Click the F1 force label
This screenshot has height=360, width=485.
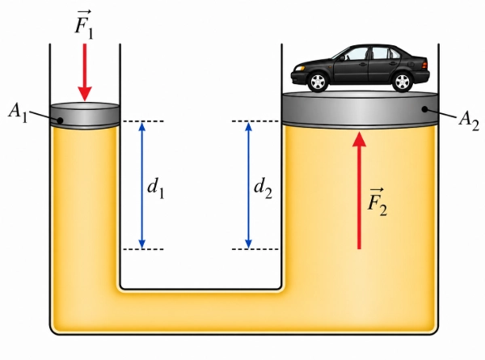click(84, 25)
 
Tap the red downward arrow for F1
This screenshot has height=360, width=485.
click(84, 72)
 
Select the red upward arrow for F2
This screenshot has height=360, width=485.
click(359, 190)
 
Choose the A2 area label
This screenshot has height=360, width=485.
click(469, 121)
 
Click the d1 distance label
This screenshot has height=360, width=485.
click(155, 188)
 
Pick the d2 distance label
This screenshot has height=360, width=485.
click(263, 188)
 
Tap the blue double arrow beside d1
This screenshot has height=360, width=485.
click(142, 185)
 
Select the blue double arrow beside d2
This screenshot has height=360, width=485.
click(248, 185)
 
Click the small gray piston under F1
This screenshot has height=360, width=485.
click(85, 115)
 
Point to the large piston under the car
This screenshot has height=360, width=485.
click(360, 109)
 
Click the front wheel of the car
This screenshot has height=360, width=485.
click(318, 82)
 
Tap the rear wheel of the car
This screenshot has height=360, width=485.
click(403, 82)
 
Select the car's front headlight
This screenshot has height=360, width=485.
click(299, 69)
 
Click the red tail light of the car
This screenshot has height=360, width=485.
click(424, 66)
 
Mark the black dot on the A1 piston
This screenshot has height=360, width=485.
click(61, 121)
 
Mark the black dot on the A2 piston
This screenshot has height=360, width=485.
click(425, 109)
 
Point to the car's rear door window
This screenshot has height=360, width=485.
click(380, 53)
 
